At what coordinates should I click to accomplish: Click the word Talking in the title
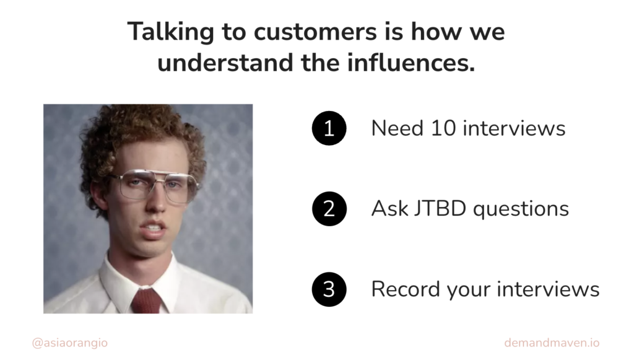click(171, 32)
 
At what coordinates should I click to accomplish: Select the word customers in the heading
click(315, 32)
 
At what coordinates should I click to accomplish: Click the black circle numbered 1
click(329, 128)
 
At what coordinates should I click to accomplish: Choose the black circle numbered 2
click(329, 209)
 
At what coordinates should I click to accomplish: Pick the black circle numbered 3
click(329, 289)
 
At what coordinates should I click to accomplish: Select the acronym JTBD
click(440, 209)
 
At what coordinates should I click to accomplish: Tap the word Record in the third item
click(406, 289)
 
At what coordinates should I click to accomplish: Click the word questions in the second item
click(521, 209)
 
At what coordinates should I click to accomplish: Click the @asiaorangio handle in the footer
click(70, 343)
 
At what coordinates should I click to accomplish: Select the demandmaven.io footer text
click(552, 343)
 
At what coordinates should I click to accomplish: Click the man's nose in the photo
click(156, 201)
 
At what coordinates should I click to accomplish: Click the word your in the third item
click(468, 291)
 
